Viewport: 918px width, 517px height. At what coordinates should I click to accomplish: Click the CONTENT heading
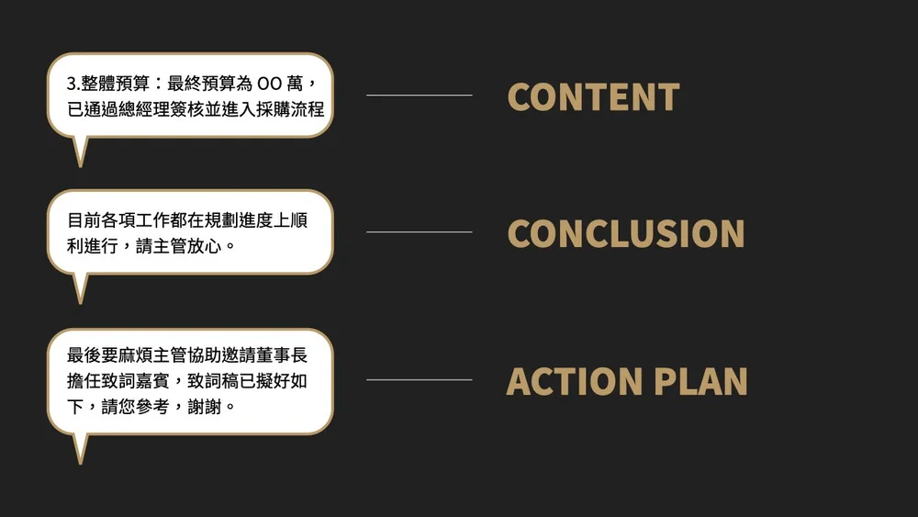pos(593,97)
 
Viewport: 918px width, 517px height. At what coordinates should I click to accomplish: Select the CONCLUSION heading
pos(625,234)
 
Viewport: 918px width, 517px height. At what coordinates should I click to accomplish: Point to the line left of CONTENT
pos(419,95)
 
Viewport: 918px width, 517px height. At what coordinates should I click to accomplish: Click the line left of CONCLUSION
pos(419,231)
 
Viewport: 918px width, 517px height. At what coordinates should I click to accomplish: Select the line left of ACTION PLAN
pos(419,379)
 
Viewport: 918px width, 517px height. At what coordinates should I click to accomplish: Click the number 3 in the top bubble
pos(72,84)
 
